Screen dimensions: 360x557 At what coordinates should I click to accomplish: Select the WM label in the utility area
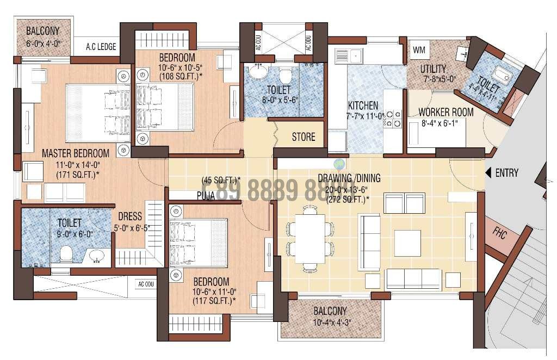coord(419,50)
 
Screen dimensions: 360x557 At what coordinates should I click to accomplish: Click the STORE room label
coord(303,136)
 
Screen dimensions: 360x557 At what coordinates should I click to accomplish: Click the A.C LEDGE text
coord(101,47)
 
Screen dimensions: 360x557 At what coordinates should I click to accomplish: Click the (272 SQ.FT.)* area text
coord(348,199)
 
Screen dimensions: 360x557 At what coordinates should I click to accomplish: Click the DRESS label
coord(130,216)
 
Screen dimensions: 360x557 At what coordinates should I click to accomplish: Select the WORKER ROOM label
coord(445,113)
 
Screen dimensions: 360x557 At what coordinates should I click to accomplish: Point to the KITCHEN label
coord(363,105)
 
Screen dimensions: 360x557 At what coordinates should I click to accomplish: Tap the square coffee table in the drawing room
coord(407,243)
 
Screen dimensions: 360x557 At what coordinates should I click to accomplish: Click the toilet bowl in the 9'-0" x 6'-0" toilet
coord(66,253)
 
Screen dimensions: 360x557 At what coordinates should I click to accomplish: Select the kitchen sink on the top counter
coord(349,55)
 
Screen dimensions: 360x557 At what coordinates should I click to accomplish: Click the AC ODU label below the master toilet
coord(146,284)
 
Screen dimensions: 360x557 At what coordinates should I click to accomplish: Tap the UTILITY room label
coord(433,69)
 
